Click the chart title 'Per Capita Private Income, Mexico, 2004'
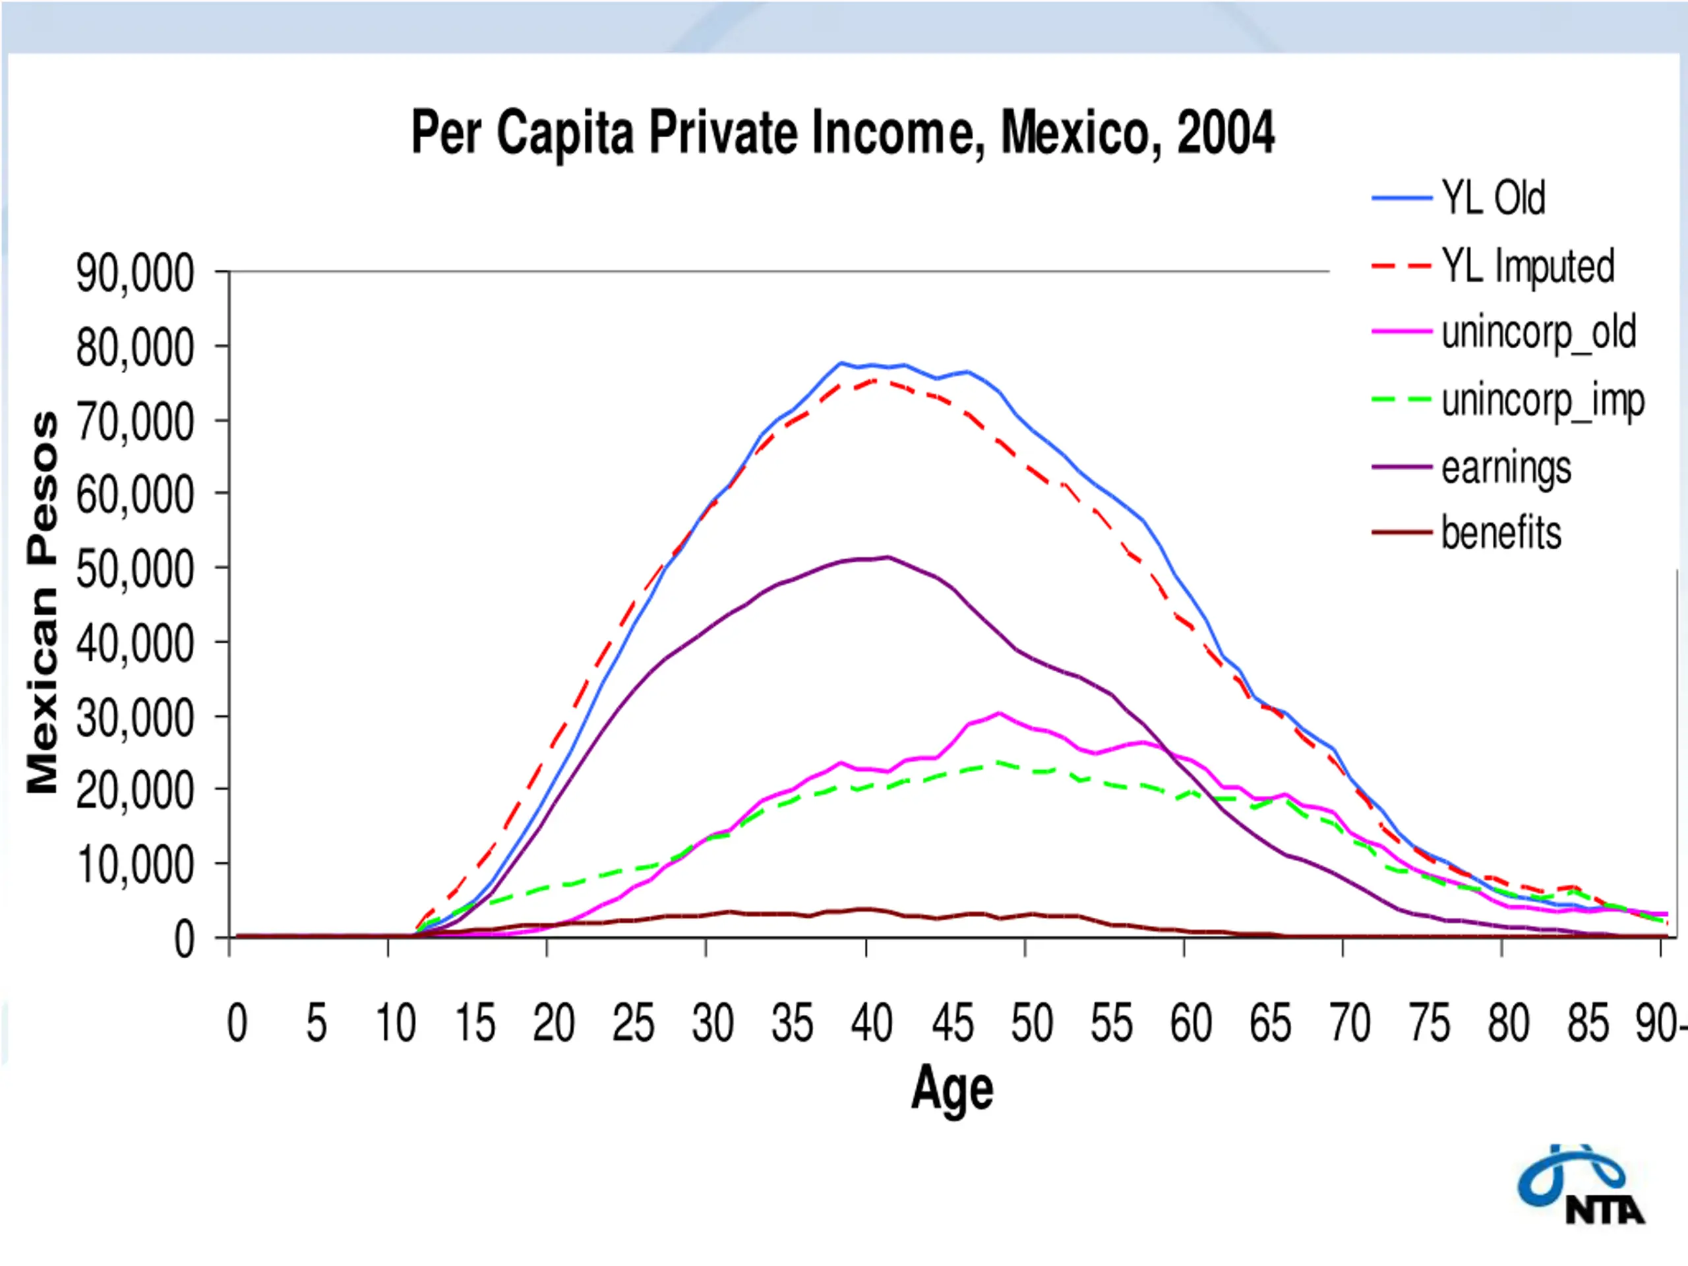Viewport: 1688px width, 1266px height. pos(843,133)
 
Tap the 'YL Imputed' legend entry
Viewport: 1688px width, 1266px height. pos(1527,266)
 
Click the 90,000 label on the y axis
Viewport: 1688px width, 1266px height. pos(136,273)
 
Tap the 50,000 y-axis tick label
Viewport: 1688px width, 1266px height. pos(136,569)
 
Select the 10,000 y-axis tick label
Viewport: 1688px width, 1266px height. pos(136,865)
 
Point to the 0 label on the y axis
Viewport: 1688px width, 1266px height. pos(184,940)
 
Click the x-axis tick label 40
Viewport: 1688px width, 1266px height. pos(872,1024)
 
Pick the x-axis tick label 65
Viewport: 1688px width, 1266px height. pos(1270,1024)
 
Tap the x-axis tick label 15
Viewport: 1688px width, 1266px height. pos(475,1024)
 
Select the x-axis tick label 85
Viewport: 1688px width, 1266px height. pos(1588,1024)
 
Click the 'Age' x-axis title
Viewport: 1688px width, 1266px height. pos(952,1089)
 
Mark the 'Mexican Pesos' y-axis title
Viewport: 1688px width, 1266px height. pos(43,603)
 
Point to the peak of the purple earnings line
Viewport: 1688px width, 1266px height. pos(888,557)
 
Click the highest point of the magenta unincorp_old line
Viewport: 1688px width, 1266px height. pos(999,713)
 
